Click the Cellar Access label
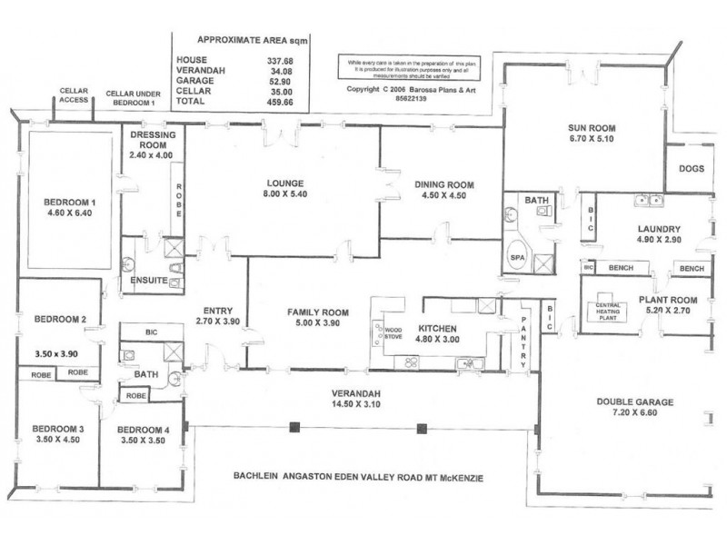75,96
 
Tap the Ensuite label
147,281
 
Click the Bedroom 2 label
60,319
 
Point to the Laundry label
661,229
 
